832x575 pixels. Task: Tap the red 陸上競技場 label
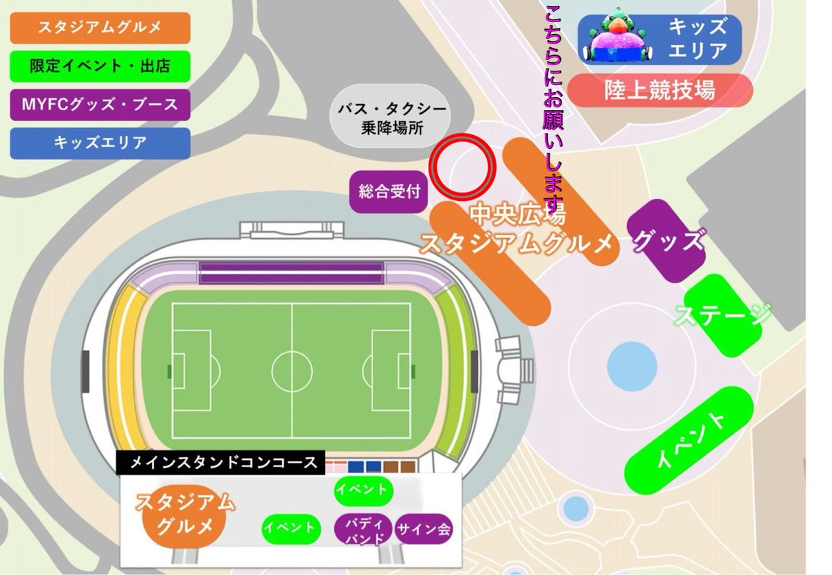(660, 91)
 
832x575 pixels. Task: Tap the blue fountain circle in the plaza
(632, 363)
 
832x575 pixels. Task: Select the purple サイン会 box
(424, 531)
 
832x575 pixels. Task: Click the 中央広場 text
(518, 215)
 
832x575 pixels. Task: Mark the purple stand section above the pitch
(291, 273)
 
